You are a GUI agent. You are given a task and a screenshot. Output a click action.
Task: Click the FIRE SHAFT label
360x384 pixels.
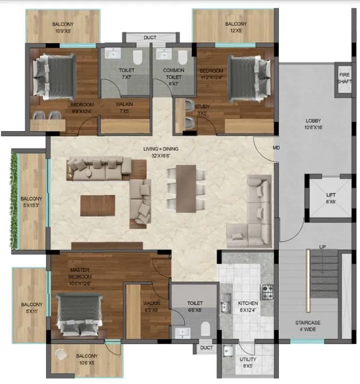(x=343, y=79)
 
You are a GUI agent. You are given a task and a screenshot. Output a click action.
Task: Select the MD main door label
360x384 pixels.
(x=276, y=147)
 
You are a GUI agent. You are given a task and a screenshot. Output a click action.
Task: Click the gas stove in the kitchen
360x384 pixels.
(x=267, y=292)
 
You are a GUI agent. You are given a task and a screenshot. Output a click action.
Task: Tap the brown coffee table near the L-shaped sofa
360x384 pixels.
(x=98, y=206)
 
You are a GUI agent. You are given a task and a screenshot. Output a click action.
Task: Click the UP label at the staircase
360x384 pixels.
(x=322, y=247)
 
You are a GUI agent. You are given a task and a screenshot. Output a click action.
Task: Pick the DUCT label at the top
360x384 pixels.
(x=150, y=38)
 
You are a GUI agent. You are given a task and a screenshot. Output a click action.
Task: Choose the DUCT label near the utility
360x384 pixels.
(x=206, y=348)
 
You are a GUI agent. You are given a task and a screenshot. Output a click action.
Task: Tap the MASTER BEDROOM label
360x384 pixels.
(x=81, y=274)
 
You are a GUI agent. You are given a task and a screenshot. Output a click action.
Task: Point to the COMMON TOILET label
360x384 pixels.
(x=173, y=73)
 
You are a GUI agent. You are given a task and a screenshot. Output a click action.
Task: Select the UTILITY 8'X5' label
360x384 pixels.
(x=247, y=362)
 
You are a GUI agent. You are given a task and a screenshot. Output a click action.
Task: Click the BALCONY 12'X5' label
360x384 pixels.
(x=235, y=27)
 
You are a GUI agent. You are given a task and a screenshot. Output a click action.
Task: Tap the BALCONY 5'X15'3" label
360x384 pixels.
(x=31, y=202)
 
